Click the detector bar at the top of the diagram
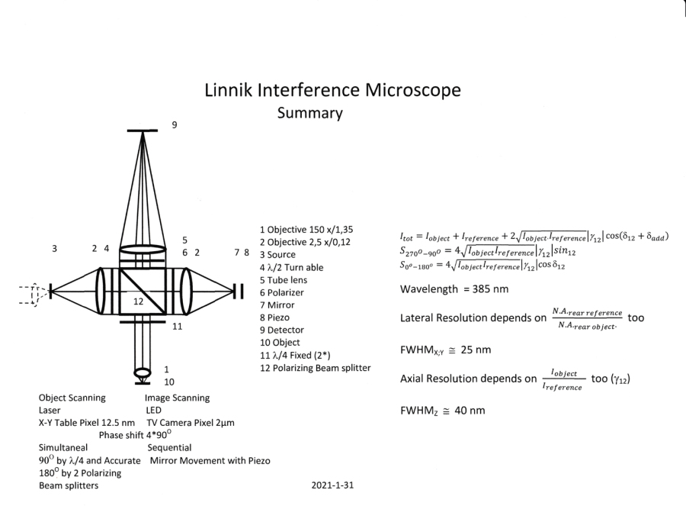[x=142, y=131]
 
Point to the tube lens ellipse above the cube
[x=143, y=249]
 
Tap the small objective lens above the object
[x=143, y=374]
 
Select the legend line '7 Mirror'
[x=284, y=304]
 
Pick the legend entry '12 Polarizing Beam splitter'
[x=316, y=368]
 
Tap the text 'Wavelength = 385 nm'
[x=454, y=290]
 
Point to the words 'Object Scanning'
[x=72, y=398]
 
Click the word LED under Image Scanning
[x=154, y=410]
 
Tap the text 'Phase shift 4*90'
[x=141, y=434]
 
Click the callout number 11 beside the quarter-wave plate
[x=177, y=327]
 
